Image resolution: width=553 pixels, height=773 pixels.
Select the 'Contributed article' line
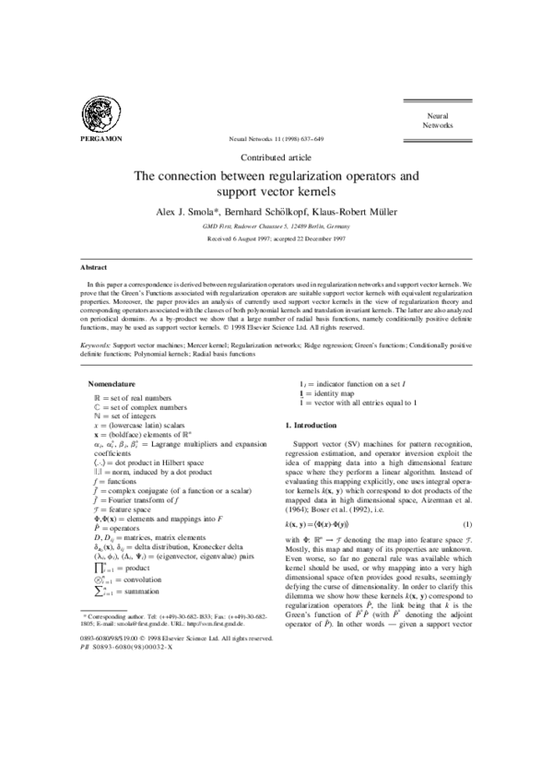(x=276, y=158)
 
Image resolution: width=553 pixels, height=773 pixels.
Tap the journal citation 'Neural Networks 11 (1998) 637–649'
(x=276, y=139)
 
